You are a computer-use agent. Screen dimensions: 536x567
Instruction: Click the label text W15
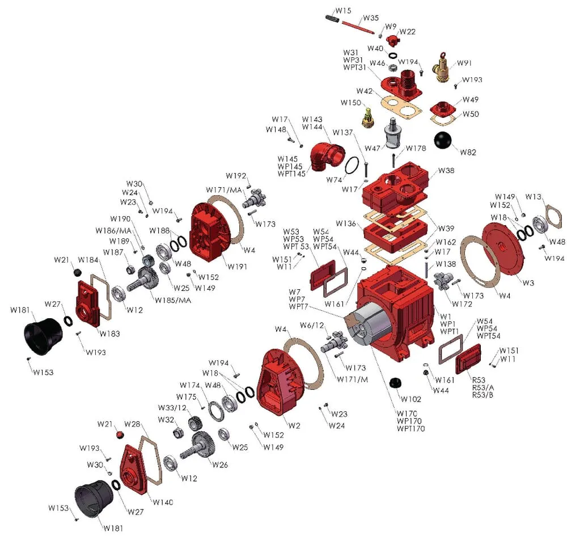343,10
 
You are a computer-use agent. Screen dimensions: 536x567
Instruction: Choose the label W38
446,171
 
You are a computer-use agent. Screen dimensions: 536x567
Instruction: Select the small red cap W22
392,40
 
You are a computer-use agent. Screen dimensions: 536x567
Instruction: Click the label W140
162,502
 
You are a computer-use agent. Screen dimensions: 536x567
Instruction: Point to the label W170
408,413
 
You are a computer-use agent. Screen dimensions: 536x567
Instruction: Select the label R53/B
483,395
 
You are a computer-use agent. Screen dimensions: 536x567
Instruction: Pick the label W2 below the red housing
295,425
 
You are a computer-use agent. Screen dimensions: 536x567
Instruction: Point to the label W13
533,196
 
